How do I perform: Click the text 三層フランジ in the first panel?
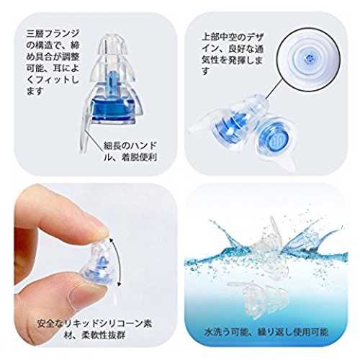point(53,34)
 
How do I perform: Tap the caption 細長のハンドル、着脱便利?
point(130,151)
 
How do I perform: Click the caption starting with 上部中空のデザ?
point(233,54)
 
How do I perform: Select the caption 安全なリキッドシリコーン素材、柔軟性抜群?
point(94,329)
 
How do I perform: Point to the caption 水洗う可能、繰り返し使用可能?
point(266,332)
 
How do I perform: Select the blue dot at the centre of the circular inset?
point(308,58)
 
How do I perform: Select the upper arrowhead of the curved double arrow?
point(111,239)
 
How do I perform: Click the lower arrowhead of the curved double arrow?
point(119,284)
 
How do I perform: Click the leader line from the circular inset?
point(276,88)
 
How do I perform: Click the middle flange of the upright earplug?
point(112,68)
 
